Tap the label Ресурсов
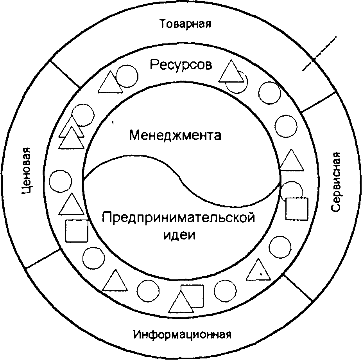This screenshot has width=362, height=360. tap(181, 65)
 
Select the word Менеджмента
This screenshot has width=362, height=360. tap(176, 136)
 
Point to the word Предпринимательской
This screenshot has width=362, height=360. tap(178, 218)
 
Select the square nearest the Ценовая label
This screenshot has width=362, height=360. tap(77, 231)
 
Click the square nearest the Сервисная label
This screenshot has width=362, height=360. tap(297, 209)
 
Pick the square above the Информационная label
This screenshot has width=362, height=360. tap(192, 296)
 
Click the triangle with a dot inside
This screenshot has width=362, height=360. tap(259, 271)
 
